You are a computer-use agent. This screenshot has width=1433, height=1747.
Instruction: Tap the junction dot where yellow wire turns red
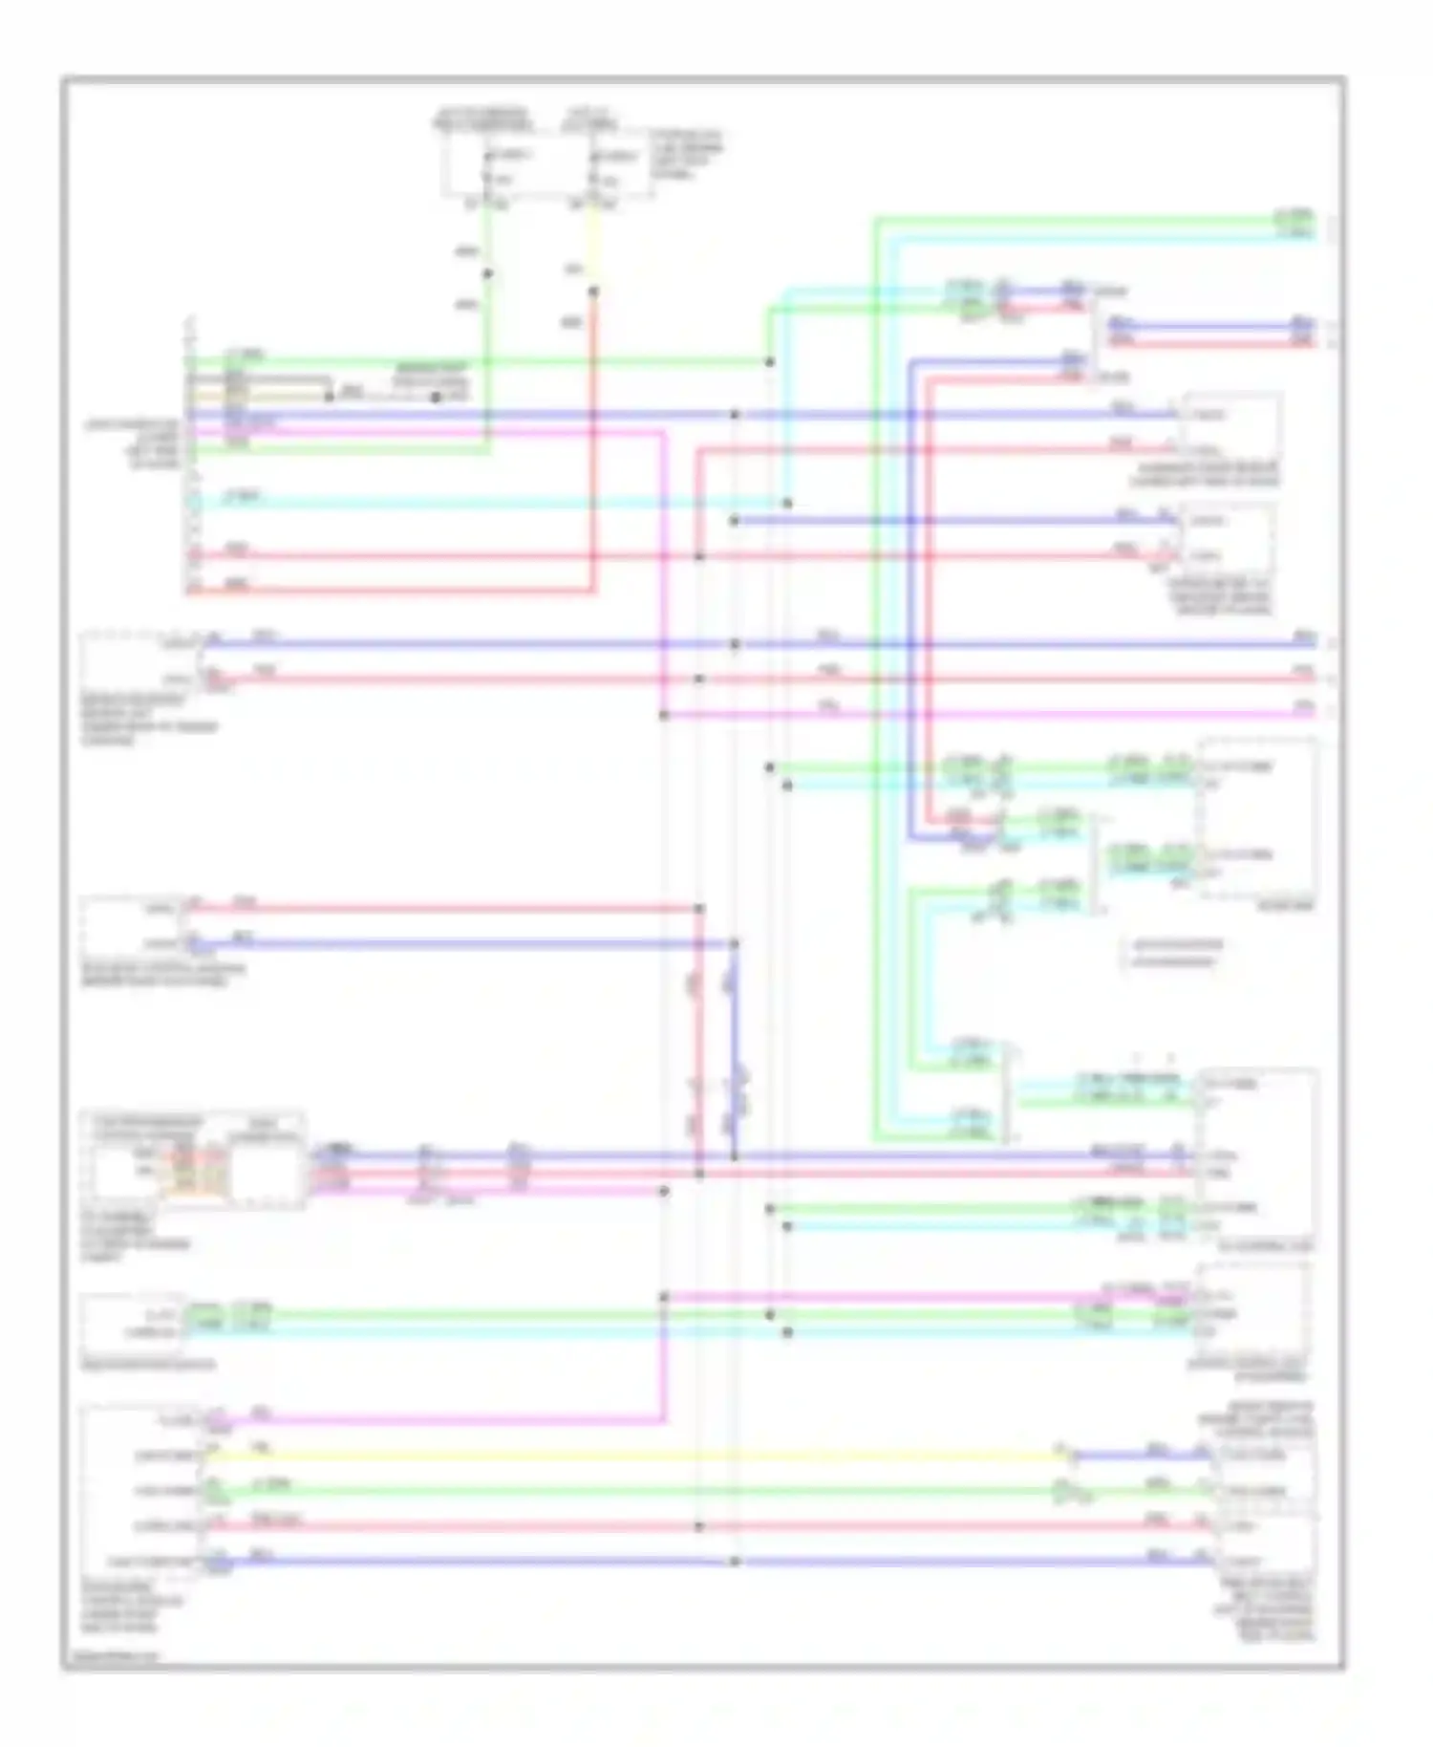coord(593,292)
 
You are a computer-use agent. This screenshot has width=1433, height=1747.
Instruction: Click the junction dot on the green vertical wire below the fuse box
coord(487,274)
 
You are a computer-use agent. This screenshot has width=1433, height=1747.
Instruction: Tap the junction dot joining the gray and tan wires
coord(329,395)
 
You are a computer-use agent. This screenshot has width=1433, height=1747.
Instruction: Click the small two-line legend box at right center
coord(1173,954)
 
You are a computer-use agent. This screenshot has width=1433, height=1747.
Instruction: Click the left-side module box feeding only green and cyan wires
coord(134,1324)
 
